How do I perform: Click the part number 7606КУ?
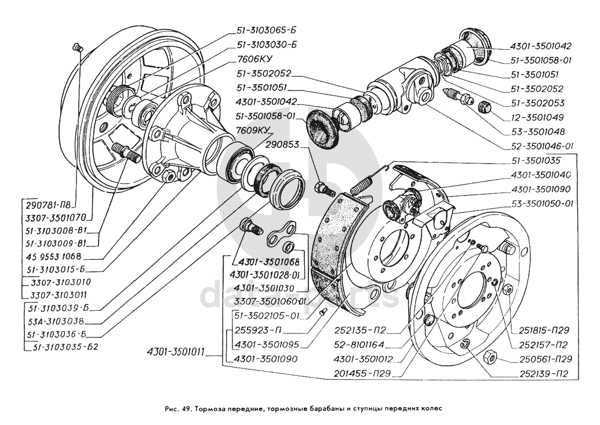(x=254, y=59)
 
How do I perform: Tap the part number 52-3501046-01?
(x=541, y=146)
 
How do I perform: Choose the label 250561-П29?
(x=543, y=359)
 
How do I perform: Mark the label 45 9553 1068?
(x=53, y=256)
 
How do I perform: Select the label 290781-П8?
(x=51, y=205)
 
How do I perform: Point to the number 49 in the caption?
(x=185, y=407)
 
